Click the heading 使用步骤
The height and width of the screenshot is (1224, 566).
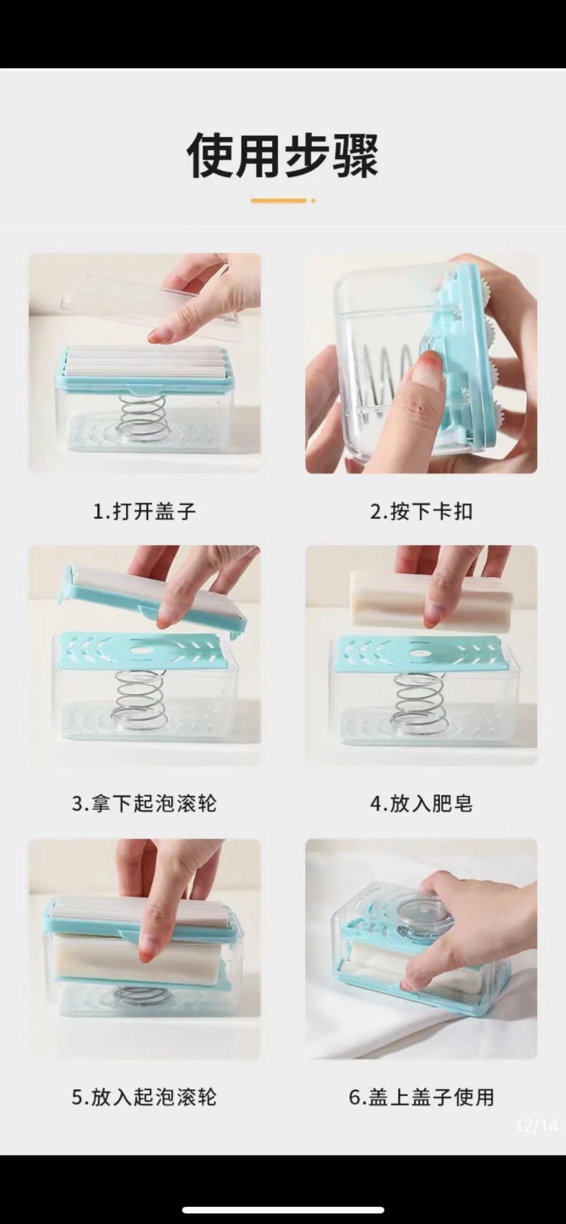282,155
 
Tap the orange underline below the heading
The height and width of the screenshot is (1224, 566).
279,201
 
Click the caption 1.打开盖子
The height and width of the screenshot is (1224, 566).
144,511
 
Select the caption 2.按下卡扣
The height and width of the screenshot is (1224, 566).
421,511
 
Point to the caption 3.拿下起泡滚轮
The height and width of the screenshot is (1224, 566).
144,803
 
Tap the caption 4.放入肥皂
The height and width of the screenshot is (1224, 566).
421,803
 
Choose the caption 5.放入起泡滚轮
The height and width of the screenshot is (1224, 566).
144,1097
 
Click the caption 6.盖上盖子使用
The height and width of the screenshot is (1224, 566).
421,1097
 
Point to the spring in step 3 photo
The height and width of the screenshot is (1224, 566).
138,699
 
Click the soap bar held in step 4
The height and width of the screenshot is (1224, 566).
432,601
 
